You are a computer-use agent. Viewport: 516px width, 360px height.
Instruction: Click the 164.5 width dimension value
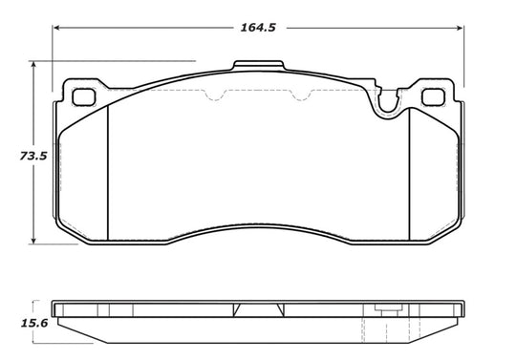pos(258,28)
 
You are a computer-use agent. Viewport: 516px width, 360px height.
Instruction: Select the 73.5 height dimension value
pos(33,156)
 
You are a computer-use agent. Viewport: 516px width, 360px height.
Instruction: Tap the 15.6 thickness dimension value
pos(34,323)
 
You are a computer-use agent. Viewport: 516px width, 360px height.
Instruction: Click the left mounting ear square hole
pos(84,97)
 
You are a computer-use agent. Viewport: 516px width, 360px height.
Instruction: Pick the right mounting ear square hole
pos(433,97)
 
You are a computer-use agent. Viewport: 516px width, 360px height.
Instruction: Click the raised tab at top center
pos(258,65)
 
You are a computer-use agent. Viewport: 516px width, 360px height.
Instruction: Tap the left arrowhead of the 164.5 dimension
pos(56,28)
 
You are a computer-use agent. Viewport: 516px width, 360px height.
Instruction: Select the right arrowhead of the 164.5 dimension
pos(460,28)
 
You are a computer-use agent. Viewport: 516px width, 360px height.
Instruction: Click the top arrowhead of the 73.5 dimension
pos(32,64)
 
